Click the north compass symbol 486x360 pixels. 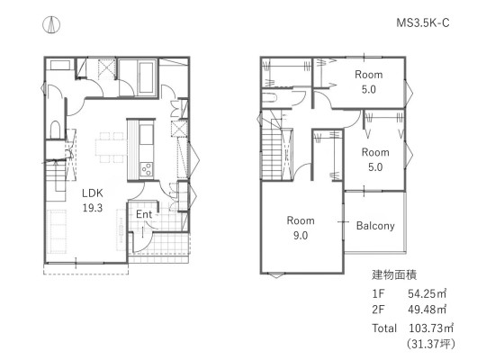tap(51, 24)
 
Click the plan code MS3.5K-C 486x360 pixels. tap(423, 22)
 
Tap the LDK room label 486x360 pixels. tap(93, 193)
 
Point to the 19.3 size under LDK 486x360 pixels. tap(93, 208)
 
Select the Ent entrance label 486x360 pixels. tap(144, 214)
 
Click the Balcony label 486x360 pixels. tap(375, 226)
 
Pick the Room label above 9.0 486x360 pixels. tap(301, 220)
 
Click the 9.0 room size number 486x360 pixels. tap(301, 235)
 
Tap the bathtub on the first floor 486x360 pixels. tap(147, 77)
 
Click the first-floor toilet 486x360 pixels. tap(55, 130)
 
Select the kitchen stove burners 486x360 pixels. tap(147, 169)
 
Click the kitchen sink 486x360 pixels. tap(147, 134)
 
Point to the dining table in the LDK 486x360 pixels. tap(112, 147)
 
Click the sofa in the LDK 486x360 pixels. tap(57, 231)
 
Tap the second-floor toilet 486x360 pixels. tap(269, 97)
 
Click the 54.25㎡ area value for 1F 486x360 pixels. tap(427, 293)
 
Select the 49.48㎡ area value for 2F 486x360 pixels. tap(427, 309)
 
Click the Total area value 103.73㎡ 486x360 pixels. tap(431, 328)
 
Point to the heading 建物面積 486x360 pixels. tap(394, 274)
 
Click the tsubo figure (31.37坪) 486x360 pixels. tap(431, 344)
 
